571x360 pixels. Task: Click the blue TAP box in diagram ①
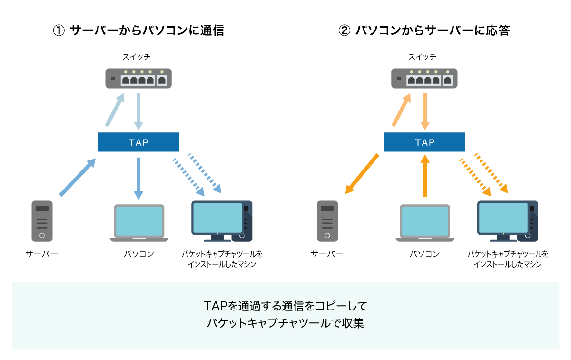tap(138, 142)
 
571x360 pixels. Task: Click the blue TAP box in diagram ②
tap(424, 142)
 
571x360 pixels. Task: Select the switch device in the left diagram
tap(138, 79)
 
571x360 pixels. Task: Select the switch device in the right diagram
tap(424, 79)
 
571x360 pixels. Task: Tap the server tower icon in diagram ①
tap(42, 221)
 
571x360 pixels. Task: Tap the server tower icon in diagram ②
tap(327, 221)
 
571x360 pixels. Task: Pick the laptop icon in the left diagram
tap(138, 222)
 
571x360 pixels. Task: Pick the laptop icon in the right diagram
tap(424, 222)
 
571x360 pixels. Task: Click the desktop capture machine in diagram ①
tap(222, 221)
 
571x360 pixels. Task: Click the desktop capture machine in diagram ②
tap(508, 221)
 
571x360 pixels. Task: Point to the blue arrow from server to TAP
tap(78, 177)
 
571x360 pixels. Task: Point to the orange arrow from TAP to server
tap(362, 174)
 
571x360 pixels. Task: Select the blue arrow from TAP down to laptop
tap(138, 177)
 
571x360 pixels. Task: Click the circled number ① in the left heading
tap(58, 31)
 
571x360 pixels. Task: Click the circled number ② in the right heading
tap(344, 31)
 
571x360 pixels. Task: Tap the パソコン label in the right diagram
tap(424, 254)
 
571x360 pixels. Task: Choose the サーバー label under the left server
tap(42, 254)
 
